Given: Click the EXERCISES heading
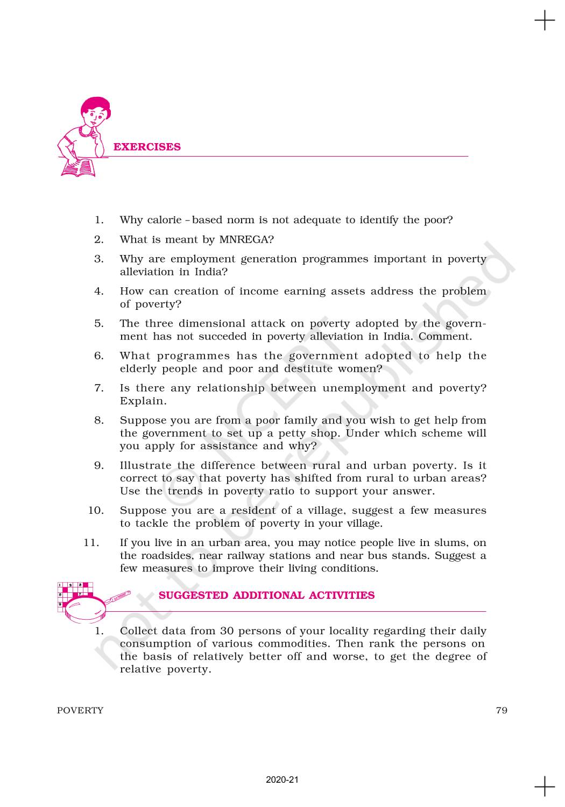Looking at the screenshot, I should (147, 147).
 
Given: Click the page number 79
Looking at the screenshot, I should (501, 710).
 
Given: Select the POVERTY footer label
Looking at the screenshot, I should (80, 710).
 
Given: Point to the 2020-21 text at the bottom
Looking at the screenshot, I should (282, 780).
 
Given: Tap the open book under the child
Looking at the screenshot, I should (79, 167).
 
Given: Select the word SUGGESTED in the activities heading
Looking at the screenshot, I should (193, 596).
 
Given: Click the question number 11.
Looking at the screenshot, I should (91, 543).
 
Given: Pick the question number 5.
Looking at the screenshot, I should (99, 323).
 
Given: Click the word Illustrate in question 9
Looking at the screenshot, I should (145, 465).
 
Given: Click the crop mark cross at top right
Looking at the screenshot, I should (545, 20).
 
